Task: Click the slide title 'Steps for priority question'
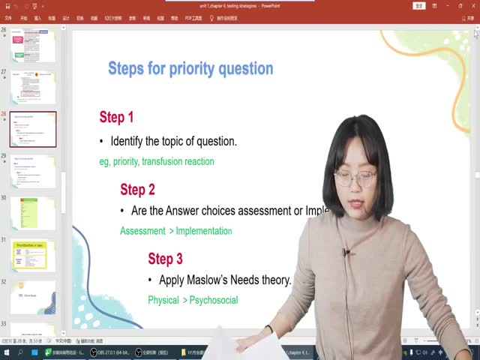pyautogui.click(x=190, y=69)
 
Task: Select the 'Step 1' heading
pyautogui.click(x=116, y=117)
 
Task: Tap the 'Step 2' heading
pyautogui.click(x=137, y=190)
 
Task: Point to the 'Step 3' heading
pyautogui.click(x=165, y=259)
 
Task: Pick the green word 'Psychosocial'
pyautogui.click(x=214, y=300)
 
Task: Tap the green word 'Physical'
pyautogui.click(x=163, y=300)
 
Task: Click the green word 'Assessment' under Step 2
pyautogui.click(x=143, y=231)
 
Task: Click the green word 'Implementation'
pyautogui.click(x=204, y=231)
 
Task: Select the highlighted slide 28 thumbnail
pyautogui.click(x=33, y=129)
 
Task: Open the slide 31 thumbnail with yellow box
pyautogui.click(x=33, y=256)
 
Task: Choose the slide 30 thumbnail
pyautogui.click(x=33, y=214)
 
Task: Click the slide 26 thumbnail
pyautogui.click(x=33, y=46)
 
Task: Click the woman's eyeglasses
pyautogui.click(x=355, y=178)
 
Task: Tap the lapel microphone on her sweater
pyautogui.click(x=345, y=252)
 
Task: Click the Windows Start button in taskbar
pyautogui.click(x=5, y=352)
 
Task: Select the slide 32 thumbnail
pyautogui.click(x=33, y=298)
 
